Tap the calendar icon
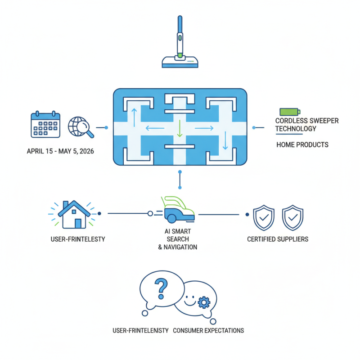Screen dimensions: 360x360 (x=45, y=124)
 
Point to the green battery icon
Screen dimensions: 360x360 (x=289, y=112)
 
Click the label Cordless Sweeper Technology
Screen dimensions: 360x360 (x=307, y=125)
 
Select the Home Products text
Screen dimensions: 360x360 (x=302, y=145)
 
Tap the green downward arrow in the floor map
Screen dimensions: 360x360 (x=180, y=128)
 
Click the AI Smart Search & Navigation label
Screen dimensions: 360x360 (x=178, y=239)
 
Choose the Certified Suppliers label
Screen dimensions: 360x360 (x=278, y=239)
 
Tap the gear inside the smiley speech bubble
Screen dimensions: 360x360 (x=204, y=302)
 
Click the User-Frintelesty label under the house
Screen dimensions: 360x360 (x=79, y=239)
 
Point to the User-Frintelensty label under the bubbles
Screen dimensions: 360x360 (x=140, y=330)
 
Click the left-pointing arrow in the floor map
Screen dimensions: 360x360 (x=154, y=128)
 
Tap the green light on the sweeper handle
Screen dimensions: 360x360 (x=180, y=55)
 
